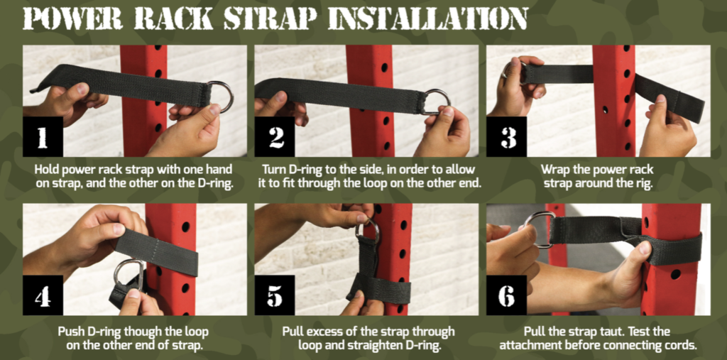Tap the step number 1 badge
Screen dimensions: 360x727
pyautogui.click(x=42, y=137)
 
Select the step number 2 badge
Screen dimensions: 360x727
pyautogui.click(x=275, y=137)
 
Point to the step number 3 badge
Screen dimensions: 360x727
pyautogui.click(x=506, y=137)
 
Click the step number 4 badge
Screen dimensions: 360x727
pyautogui.click(x=42, y=295)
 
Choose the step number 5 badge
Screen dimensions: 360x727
pyautogui.click(x=275, y=295)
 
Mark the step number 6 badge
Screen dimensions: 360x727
pyautogui.click(x=506, y=295)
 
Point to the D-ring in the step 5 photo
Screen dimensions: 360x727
pyautogui.click(x=368, y=229)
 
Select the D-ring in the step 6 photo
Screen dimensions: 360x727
pyautogui.click(x=540, y=229)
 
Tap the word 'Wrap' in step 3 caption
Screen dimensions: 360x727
pyautogui.click(x=556, y=170)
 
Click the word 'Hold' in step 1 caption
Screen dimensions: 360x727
pyautogui.click(x=47, y=170)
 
